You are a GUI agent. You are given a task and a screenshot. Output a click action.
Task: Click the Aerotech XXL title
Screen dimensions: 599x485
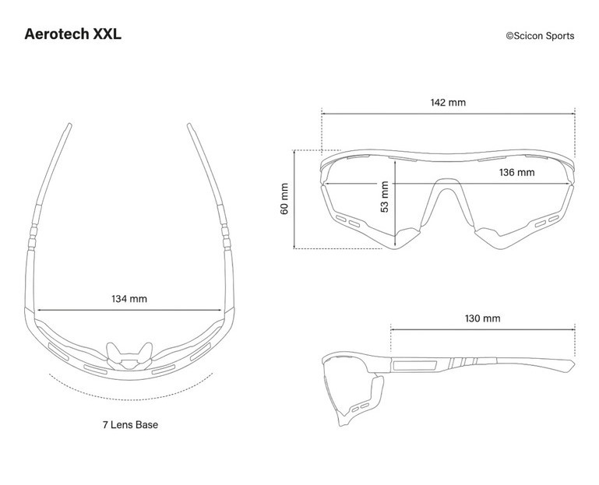pos(73,34)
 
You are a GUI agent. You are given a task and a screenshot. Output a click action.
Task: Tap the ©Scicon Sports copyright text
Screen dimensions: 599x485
pos(540,36)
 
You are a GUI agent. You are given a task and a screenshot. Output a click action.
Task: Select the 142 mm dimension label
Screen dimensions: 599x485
pos(448,102)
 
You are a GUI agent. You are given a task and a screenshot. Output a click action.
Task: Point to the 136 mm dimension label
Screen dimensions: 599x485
pos(517,172)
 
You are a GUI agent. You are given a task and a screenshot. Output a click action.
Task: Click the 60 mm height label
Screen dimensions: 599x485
pos(284,199)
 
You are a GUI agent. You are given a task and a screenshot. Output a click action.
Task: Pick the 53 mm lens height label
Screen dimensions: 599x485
pos(385,197)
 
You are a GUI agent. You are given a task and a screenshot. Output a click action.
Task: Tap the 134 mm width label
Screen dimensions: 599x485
pos(129,299)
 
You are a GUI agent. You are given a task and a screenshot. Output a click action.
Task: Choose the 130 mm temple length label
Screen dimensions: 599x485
pos(482,318)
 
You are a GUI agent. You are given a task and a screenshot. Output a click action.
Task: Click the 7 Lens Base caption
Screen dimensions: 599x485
pos(130,424)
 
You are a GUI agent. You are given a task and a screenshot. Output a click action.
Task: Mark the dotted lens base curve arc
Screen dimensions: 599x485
pos(130,399)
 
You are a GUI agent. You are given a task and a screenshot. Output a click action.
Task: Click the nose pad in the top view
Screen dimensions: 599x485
pos(129,357)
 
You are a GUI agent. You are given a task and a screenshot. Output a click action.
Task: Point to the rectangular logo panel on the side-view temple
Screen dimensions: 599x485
pos(415,364)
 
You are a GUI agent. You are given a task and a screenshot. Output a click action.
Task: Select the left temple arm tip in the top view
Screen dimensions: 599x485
pos(69,125)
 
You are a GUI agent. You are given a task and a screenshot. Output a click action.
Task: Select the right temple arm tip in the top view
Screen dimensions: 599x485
pos(189,125)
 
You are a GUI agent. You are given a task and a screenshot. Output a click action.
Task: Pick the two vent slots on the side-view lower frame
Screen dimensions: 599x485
pos(361,407)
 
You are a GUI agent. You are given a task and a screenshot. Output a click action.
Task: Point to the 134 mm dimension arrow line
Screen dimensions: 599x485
pos(130,311)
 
